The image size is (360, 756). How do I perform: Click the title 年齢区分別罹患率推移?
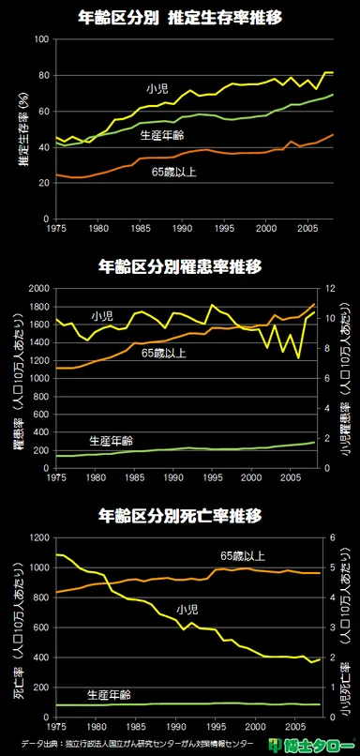tap(179, 265)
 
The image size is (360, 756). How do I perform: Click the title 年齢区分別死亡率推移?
tap(179, 516)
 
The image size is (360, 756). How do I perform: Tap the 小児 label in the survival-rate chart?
tap(157, 88)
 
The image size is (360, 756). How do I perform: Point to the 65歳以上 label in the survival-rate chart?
tap(173, 171)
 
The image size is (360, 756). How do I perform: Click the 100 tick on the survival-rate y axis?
tap(42, 39)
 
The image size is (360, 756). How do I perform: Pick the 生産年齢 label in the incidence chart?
tap(111, 440)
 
